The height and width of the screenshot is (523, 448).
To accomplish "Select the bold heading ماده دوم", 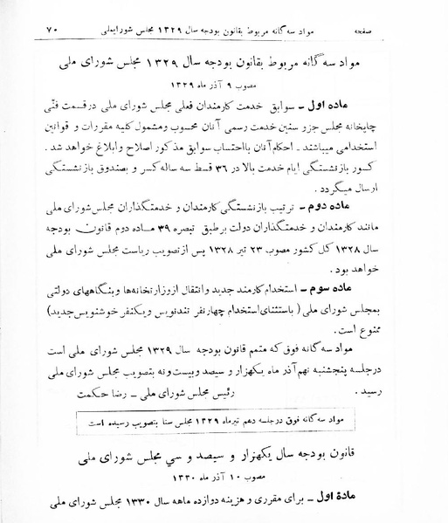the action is [380, 231].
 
